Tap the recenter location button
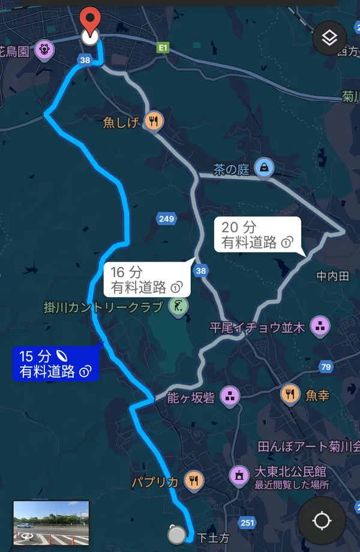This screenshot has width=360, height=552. [321, 520]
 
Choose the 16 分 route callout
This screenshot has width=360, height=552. [147, 280]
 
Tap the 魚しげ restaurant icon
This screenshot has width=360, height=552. [155, 122]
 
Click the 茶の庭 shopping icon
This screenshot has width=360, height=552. [263, 169]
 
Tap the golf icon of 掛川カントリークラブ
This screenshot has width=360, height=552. [178, 307]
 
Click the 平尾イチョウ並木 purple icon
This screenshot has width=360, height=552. [320, 326]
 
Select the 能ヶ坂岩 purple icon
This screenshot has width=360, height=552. [229, 395]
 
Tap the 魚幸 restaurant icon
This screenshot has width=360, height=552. [290, 394]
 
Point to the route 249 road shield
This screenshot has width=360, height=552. [166, 218]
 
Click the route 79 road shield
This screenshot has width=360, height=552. [326, 367]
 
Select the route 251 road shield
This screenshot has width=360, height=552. [247, 523]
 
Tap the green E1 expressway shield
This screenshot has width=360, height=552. [163, 46]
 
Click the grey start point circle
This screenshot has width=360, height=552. [176, 533]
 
